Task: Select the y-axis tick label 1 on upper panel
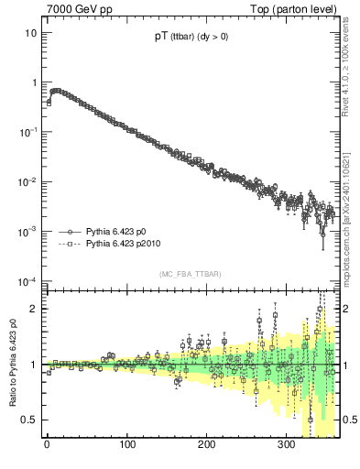point(33,82)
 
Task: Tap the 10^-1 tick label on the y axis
point(28,131)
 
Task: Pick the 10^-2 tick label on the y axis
point(28,180)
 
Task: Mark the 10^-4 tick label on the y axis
point(28,279)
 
